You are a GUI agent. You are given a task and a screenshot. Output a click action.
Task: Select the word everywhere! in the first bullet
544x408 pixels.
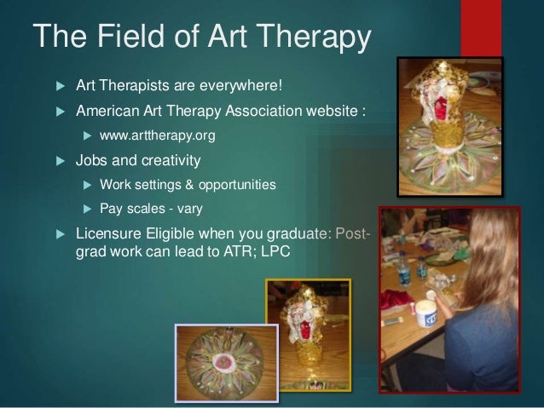253,86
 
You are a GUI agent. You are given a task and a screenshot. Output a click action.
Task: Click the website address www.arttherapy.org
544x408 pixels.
157,135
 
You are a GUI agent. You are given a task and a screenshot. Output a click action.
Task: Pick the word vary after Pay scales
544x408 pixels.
202,208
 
